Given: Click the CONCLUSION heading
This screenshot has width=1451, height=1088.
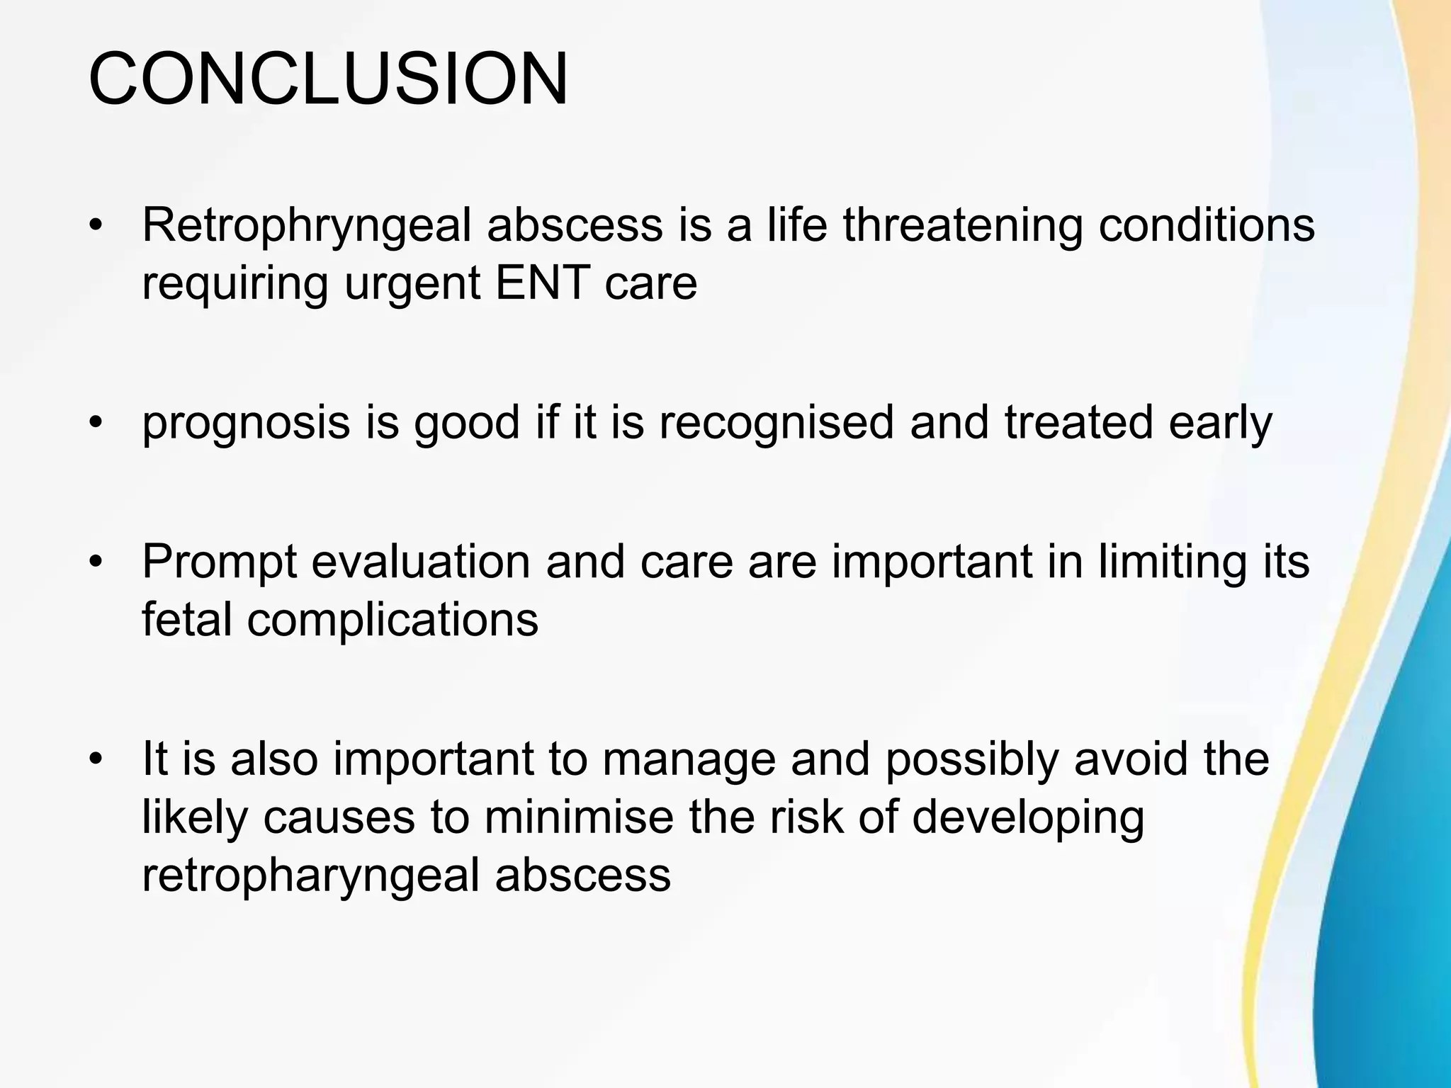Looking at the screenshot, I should (327, 79).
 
